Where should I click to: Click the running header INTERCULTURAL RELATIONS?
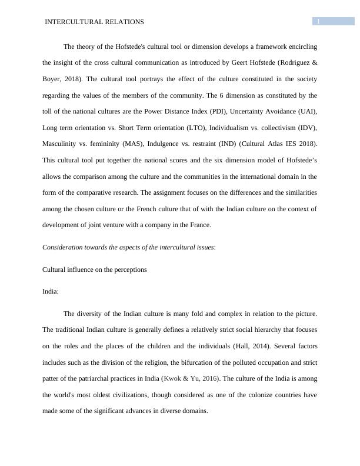pyautogui.click(x=95, y=22)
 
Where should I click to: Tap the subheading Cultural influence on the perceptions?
pyautogui.click(x=95, y=269)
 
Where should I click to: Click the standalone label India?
pyautogui.click(x=51, y=291)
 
